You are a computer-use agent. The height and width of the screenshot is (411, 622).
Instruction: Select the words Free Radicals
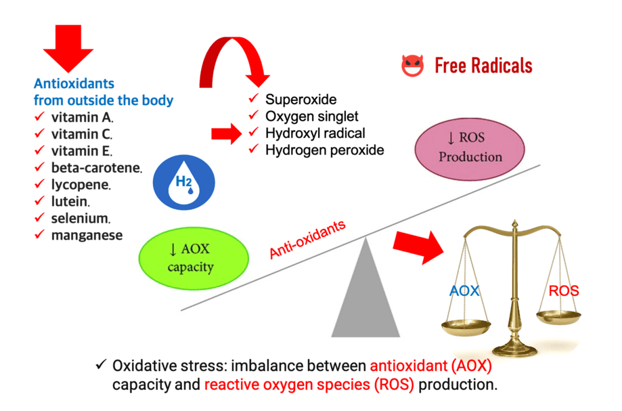[483, 66]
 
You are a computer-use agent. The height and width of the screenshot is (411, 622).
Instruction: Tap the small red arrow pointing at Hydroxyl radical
[225, 133]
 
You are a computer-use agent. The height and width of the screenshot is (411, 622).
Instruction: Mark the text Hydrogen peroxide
[324, 150]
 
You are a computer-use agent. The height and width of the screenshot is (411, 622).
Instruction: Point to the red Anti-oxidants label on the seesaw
[308, 240]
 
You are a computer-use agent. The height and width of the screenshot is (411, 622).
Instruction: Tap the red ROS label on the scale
[563, 291]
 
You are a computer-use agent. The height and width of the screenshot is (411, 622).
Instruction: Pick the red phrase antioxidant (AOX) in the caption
[430, 366]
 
